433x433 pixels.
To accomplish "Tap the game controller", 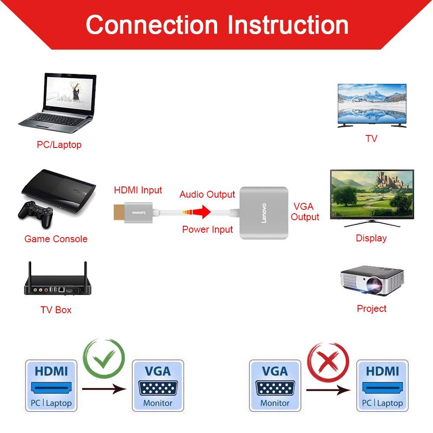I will pos(35,213).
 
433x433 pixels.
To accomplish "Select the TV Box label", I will pos(56,310).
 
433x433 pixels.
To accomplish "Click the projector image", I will pos(372,281).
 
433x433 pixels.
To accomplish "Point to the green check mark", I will pos(104,359).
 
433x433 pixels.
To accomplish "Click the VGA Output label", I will pos(305,212).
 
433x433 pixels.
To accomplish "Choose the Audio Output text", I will pos(207,195).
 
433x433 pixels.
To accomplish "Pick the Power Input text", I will pos(207,229).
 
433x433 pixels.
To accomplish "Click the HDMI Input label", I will pos(138,190).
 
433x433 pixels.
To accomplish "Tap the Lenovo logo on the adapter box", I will pos(263,212).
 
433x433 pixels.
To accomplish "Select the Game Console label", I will pos(56,239).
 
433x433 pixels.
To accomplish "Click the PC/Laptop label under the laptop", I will pos(59,144).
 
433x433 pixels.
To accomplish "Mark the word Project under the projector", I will pos(372,308).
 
